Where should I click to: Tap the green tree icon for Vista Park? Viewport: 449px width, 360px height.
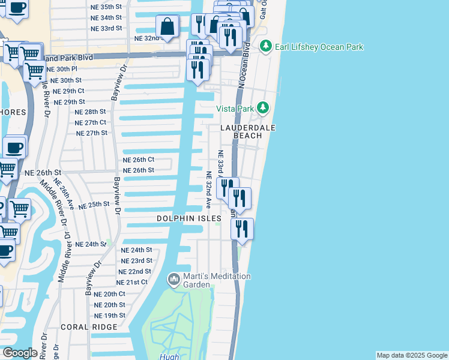pyautogui.click(x=262, y=108)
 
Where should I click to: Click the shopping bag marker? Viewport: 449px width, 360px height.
pyautogui.click(x=167, y=27)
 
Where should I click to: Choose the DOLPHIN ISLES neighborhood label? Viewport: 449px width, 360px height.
pyautogui.click(x=189, y=219)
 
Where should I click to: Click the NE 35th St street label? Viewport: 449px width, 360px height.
pyautogui.click(x=106, y=7)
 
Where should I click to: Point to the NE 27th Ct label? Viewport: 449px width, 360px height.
pyautogui.click(x=91, y=122)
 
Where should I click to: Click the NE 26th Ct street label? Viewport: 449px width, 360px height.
pyautogui.click(x=139, y=160)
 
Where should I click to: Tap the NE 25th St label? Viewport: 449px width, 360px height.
pyautogui.click(x=94, y=205)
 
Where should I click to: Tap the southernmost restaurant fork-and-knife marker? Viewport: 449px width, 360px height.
pyautogui.click(x=242, y=230)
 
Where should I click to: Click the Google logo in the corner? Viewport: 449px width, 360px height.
pyautogui.click(x=19, y=353)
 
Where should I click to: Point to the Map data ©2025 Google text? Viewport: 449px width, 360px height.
pyautogui.click(x=411, y=355)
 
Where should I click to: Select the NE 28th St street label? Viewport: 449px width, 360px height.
pyautogui.click(x=90, y=112)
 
